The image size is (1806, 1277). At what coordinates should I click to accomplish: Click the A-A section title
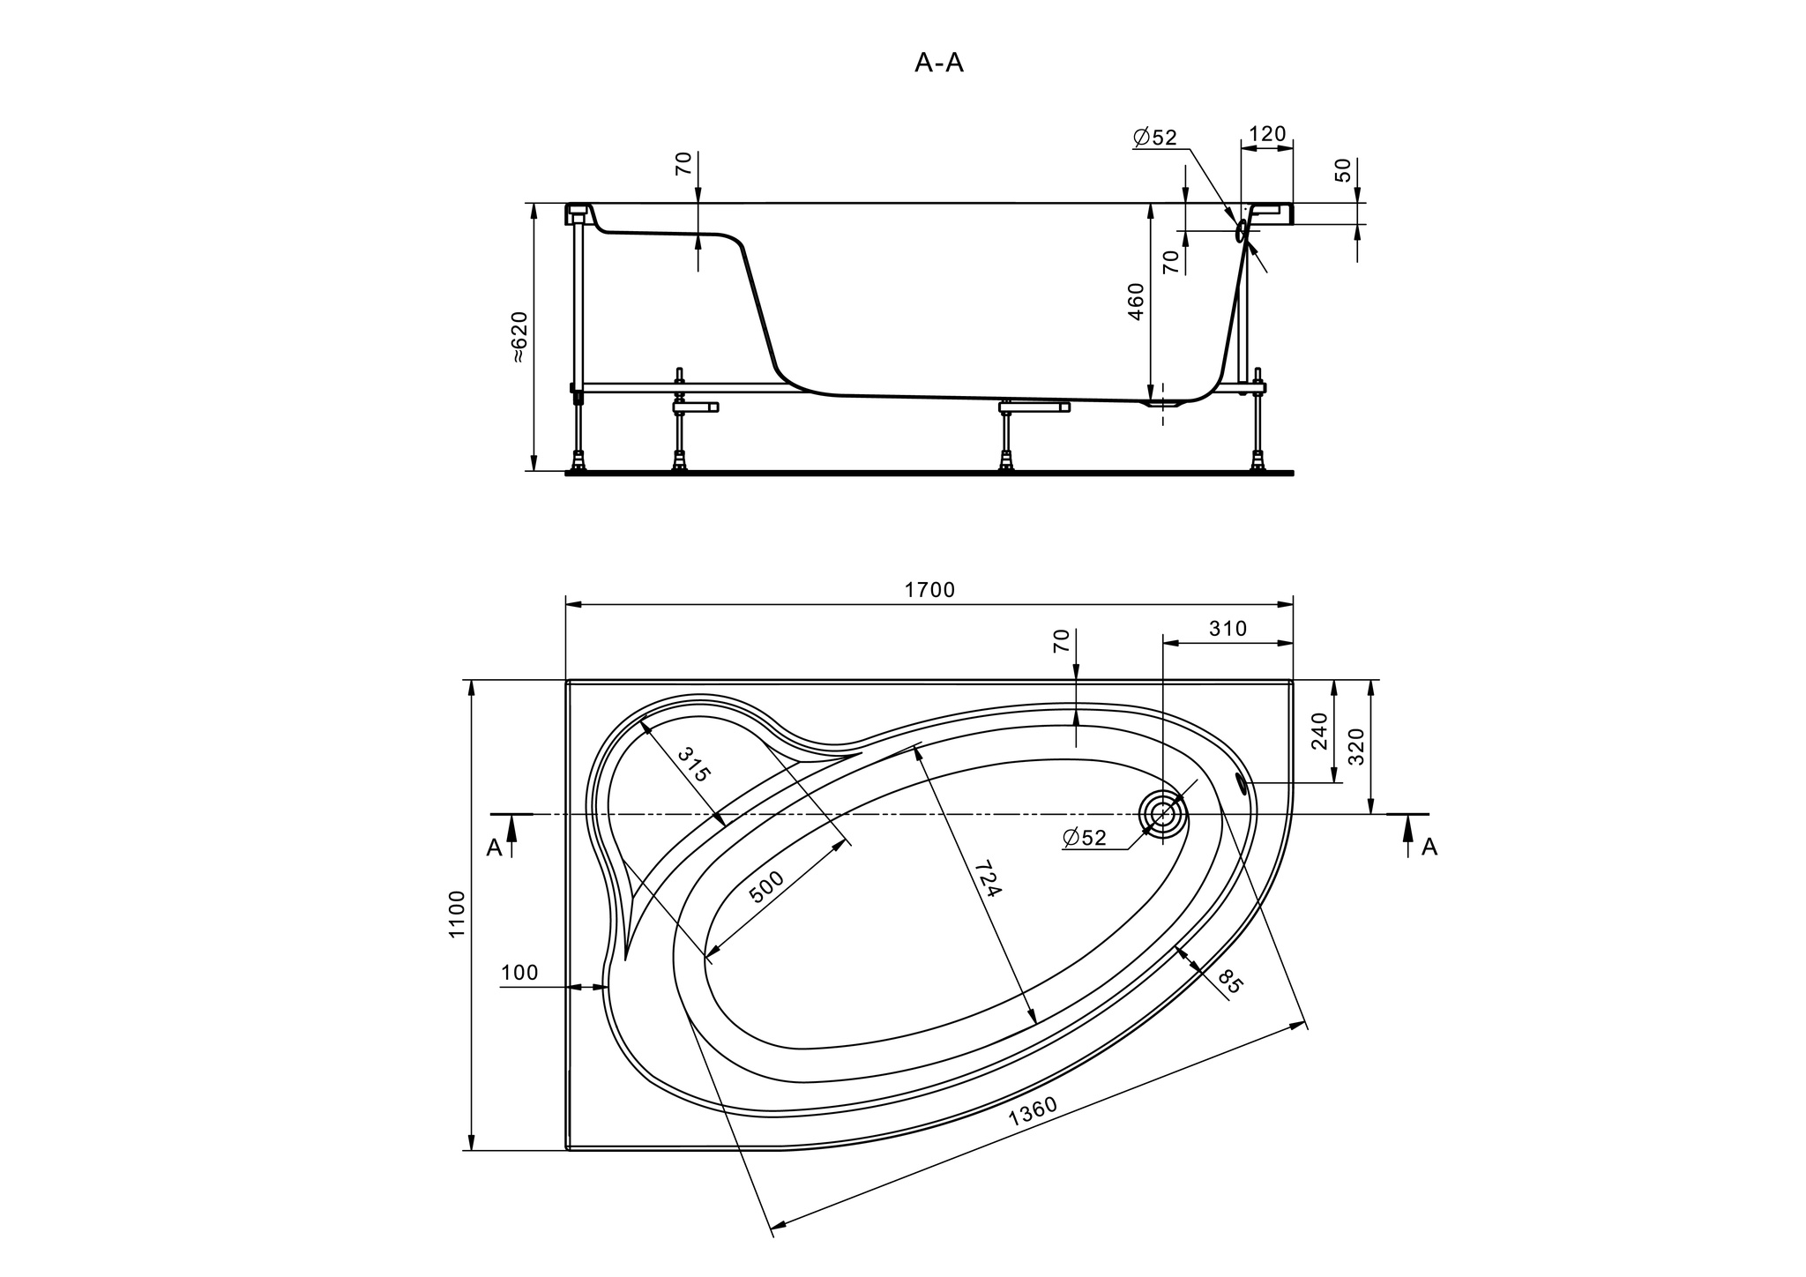(x=939, y=63)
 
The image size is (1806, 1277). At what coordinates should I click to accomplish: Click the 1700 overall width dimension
(x=929, y=591)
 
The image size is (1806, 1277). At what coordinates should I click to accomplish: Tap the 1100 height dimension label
(x=457, y=915)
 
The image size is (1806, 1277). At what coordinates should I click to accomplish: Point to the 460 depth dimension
(x=1136, y=302)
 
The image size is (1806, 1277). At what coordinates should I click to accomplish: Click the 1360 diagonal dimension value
(x=1033, y=1112)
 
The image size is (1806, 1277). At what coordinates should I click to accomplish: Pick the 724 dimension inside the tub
(x=989, y=879)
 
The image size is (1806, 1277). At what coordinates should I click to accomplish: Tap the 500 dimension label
(x=765, y=888)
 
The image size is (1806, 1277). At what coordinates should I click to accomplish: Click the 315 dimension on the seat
(x=694, y=764)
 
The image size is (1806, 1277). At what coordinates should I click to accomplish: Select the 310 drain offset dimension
(x=1228, y=629)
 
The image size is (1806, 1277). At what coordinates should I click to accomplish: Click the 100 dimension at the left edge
(x=519, y=973)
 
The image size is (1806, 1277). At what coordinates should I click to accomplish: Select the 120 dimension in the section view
(x=1267, y=134)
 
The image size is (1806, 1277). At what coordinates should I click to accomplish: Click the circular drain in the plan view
(x=1163, y=814)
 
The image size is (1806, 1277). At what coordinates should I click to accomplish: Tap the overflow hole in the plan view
(x=1243, y=782)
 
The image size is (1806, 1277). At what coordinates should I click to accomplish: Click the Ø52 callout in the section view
(x=1155, y=138)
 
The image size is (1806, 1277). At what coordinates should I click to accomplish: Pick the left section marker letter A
(x=494, y=848)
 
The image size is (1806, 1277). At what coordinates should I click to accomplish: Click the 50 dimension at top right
(x=1343, y=170)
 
